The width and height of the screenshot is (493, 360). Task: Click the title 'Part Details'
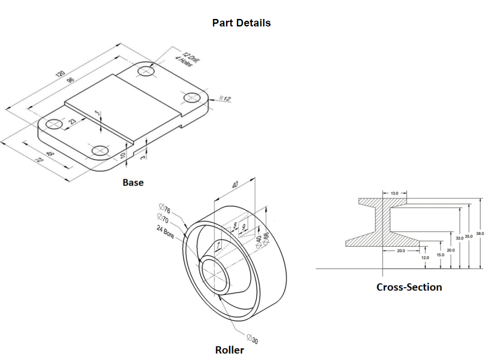point(241,23)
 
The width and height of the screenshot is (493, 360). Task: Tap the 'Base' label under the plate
point(133,182)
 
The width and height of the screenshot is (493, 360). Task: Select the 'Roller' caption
point(229,350)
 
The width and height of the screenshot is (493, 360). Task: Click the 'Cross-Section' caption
point(409,287)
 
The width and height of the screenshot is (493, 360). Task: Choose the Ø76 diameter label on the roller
point(164,208)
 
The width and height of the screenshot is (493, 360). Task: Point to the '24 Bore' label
point(165,232)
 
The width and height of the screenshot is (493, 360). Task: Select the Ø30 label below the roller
point(252,339)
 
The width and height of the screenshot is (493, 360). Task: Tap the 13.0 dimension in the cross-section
point(394,193)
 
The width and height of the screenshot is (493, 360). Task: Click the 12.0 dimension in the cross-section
point(425,257)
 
